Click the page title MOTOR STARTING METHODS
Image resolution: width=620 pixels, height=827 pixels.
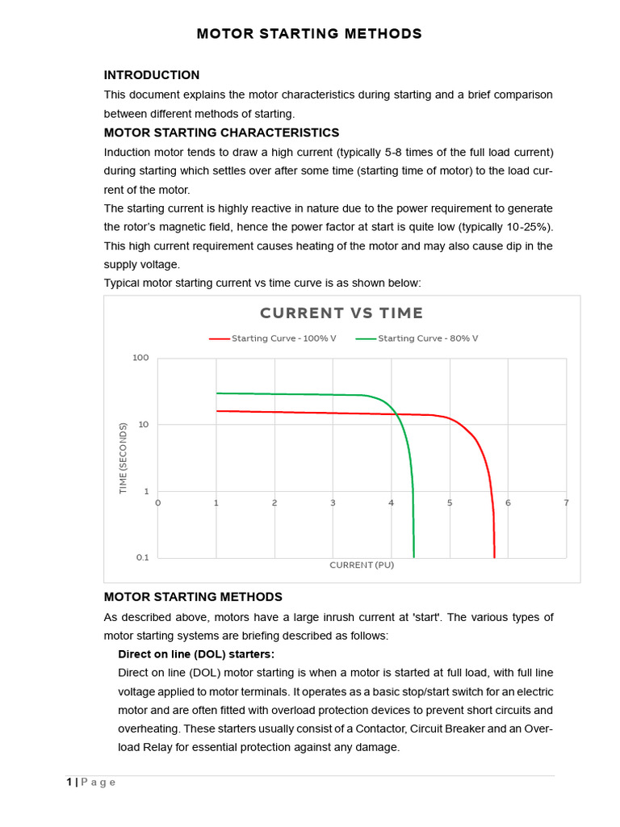[x=310, y=34]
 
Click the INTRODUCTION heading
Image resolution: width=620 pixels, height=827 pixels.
[x=152, y=75]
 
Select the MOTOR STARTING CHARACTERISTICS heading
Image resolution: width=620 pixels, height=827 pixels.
[x=221, y=132]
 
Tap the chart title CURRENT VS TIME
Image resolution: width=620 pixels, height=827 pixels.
[x=341, y=313]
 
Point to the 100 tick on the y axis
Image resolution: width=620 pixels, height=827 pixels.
[x=140, y=358]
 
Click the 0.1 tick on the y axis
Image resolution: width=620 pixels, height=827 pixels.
[x=142, y=557]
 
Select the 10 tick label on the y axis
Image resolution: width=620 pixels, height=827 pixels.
[x=144, y=424]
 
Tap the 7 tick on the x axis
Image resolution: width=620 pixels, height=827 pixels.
[x=566, y=502]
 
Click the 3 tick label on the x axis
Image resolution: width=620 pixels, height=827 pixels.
[x=333, y=502]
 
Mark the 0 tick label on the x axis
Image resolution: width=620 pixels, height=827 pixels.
[x=157, y=502]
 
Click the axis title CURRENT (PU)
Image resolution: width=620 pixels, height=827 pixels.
[x=362, y=565]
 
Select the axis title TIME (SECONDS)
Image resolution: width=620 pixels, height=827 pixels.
[x=123, y=458]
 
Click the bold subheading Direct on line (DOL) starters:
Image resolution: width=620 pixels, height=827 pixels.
[x=196, y=653]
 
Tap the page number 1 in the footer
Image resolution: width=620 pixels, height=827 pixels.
[x=69, y=782]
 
